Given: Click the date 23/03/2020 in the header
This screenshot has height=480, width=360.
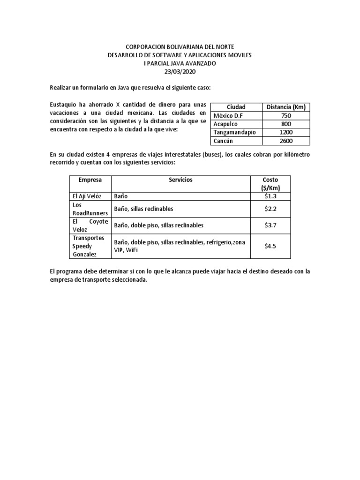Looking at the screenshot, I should pyautogui.click(x=180, y=72).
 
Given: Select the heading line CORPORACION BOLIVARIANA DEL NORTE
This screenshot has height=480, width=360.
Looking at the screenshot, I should pyautogui.click(x=180, y=47).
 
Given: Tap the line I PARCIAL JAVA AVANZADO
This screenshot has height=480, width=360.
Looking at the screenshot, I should pyautogui.click(x=180, y=63).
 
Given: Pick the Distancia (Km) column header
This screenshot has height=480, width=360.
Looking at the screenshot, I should pyautogui.click(x=285, y=107).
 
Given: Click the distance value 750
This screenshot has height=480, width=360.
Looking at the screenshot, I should pyautogui.click(x=285, y=115).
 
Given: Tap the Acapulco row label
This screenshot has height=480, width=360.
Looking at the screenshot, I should pyautogui.click(x=226, y=124).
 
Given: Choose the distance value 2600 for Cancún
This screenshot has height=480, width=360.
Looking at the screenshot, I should pyautogui.click(x=285, y=141).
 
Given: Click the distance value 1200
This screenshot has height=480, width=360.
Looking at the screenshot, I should pyautogui.click(x=285, y=132).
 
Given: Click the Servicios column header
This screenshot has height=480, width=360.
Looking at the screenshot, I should pyautogui.click(x=180, y=180).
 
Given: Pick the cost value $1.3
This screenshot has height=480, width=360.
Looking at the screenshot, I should pyautogui.click(x=270, y=196).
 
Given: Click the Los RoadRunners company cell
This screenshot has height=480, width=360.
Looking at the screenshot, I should pyautogui.click(x=90, y=209).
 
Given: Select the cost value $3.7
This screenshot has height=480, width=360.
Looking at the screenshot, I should pyautogui.click(x=270, y=225).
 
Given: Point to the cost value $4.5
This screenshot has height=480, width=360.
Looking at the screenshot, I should pyautogui.click(x=270, y=246).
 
